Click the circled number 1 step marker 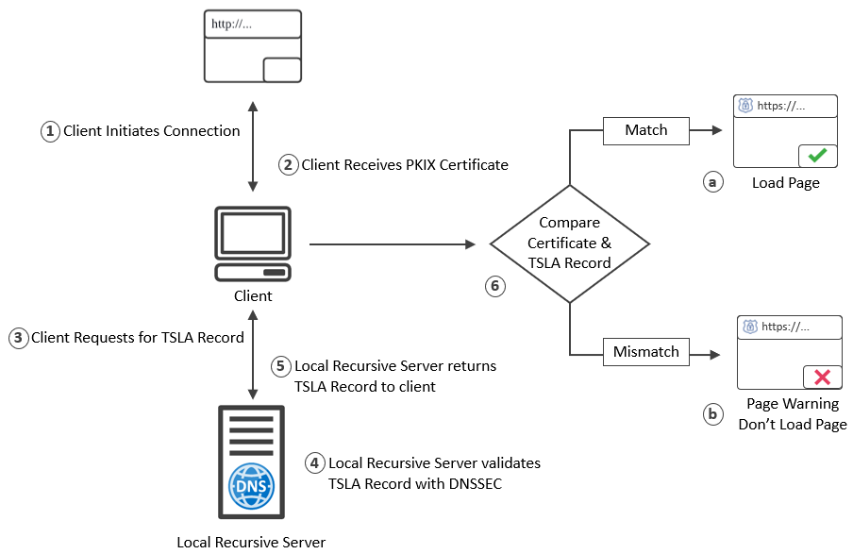[x=50, y=131]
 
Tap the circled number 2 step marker [x=288, y=165]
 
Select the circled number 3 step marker [x=18, y=337]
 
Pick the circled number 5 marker [x=281, y=365]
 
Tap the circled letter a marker [x=712, y=182]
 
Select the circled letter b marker [x=712, y=413]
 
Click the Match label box [x=646, y=130]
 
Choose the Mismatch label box [x=646, y=352]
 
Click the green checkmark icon [x=817, y=156]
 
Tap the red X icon [x=822, y=378]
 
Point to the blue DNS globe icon [x=251, y=485]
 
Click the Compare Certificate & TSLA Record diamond [x=570, y=243]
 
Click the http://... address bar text [x=233, y=25]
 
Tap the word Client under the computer [x=253, y=296]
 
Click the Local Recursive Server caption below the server [x=251, y=542]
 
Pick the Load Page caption [x=786, y=183]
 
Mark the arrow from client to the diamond [x=392, y=244]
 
